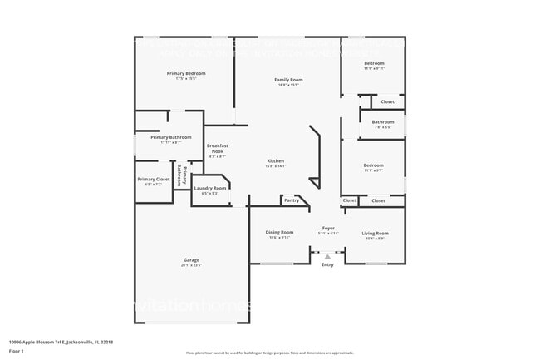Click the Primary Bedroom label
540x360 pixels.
pyautogui.click(x=186, y=74)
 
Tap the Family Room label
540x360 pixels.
pyautogui.click(x=287, y=80)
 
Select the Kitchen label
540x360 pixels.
pyautogui.click(x=275, y=160)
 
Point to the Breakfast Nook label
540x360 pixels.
pyautogui.click(x=218, y=149)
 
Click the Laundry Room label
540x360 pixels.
pyautogui.click(x=209, y=189)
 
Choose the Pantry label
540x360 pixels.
pyautogui.click(x=291, y=200)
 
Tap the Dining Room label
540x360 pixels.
pyautogui.click(x=279, y=233)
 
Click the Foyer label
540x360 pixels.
pyautogui.click(x=328, y=228)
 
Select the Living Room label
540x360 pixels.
pyautogui.click(x=376, y=233)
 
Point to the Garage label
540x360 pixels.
pyautogui.click(x=191, y=260)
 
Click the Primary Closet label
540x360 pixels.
pyautogui.click(x=154, y=180)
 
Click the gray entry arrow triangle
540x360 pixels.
pyautogui.click(x=327, y=257)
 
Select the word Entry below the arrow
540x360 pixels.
pyautogui.click(x=327, y=264)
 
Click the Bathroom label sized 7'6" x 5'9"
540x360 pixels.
pyautogui.click(x=383, y=122)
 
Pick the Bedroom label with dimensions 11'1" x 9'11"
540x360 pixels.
pyautogui.click(x=374, y=63)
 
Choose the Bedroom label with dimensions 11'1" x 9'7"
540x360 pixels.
pyautogui.click(x=374, y=165)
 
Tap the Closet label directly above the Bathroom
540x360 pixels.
pyautogui.click(x=388, y=101)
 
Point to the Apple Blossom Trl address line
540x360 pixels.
pyautogui.click(x=61, y=341)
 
